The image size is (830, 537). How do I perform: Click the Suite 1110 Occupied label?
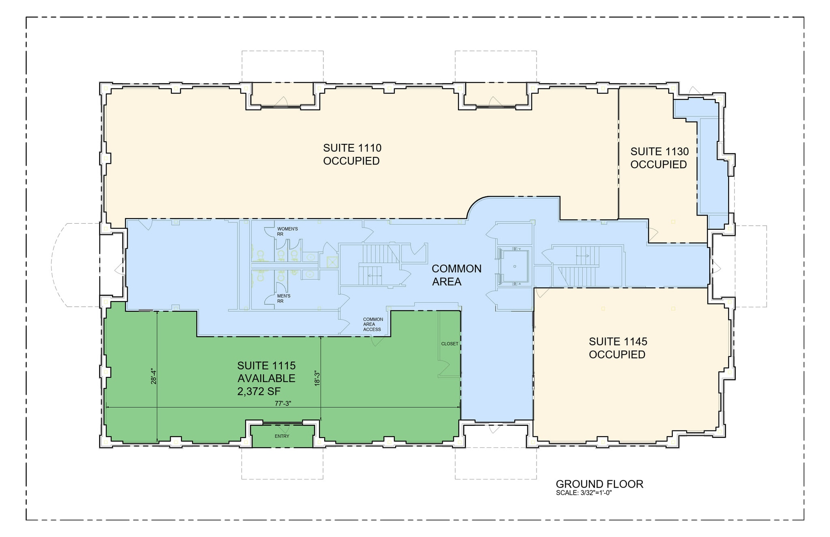coord(352,154)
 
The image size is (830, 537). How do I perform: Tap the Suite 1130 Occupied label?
coord(659,158)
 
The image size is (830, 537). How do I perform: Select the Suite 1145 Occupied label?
coord(618,348)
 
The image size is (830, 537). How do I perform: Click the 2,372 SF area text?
coord(259,391)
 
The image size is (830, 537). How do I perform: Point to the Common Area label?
coord(456,275)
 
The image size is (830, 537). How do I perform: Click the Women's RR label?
coord(287,231)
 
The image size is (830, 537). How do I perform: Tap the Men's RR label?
coord(283,298)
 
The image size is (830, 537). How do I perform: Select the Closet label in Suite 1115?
coord(449,344)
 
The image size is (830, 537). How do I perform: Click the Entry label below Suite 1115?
coord(282,436)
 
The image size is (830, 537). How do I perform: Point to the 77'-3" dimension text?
coord(283,403)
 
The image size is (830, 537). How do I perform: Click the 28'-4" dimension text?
coord(154,376)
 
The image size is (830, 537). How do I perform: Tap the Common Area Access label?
coord(372,324)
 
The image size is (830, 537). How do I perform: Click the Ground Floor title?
coord(599,484)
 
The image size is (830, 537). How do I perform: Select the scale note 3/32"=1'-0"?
coord(584,493)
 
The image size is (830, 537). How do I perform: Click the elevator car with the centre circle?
coord(514,266)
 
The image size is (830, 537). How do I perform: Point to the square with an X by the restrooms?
coord(332,262)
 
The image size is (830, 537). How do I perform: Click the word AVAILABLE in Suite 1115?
coord(266,379)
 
